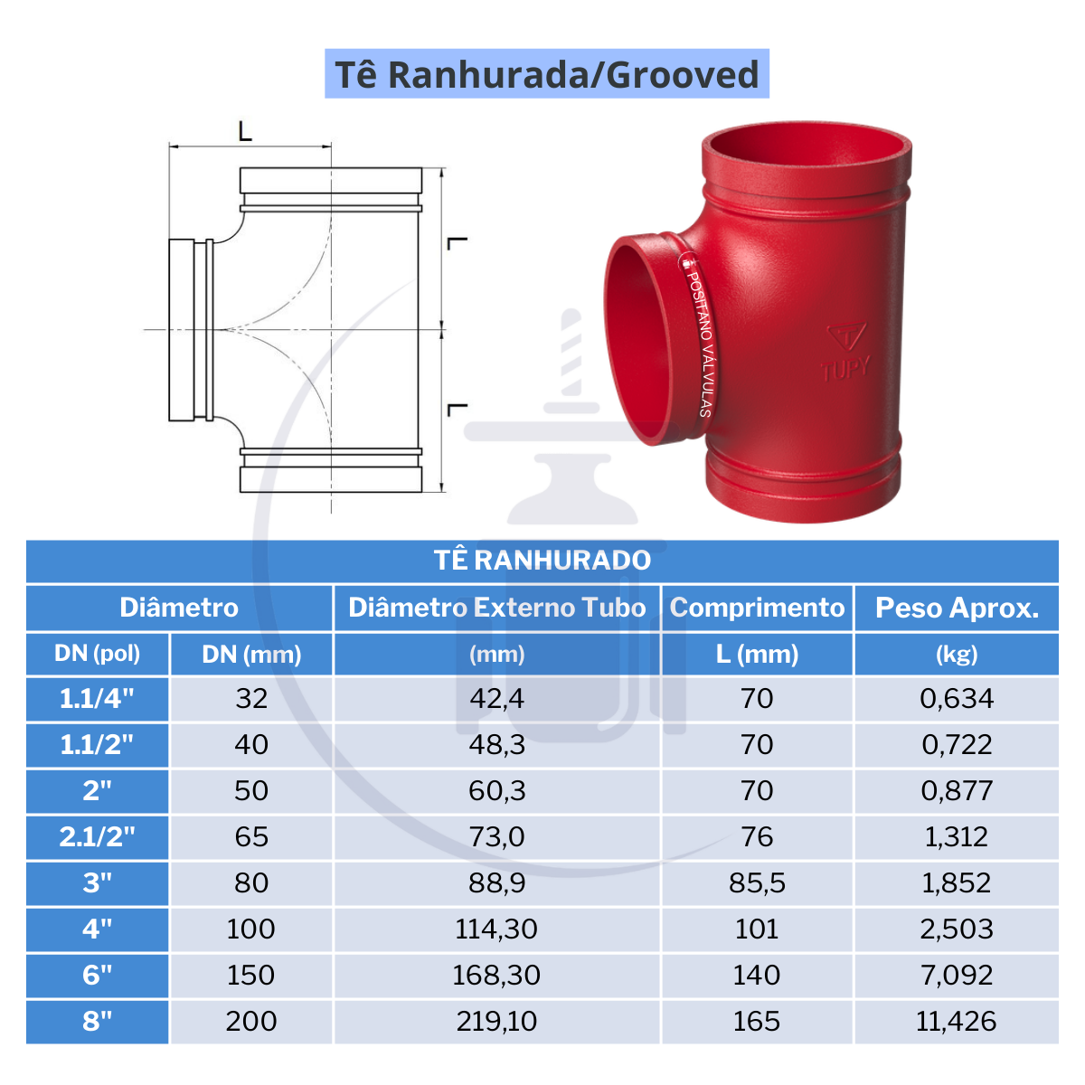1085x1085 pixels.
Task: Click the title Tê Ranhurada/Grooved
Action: tap(546, 74)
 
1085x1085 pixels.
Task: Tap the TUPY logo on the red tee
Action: tap(845, 353)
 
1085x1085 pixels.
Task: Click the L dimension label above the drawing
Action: tap(245, 132)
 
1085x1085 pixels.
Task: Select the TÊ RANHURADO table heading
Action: tap(542, 561)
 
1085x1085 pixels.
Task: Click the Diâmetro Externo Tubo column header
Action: tap(497, 608)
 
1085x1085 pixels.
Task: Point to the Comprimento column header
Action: tap(757, 608)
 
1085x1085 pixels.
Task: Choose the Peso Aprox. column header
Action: tap(957, 608)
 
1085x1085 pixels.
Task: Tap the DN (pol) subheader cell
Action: tap(98, 654)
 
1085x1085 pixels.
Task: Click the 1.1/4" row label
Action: tap(98, 699)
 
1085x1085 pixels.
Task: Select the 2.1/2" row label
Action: tap(98, 837)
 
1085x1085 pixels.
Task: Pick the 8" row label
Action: tap(98, 1022)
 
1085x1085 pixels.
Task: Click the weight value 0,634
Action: tap(957, 699)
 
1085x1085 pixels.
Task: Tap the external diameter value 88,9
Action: tap(497, 883)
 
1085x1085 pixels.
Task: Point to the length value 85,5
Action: tap(757, 883)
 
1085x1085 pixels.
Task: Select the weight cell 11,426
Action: tap(957, 1022)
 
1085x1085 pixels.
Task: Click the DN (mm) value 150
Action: tap(251, 976)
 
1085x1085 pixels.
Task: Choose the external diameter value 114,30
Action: tap(497, 929)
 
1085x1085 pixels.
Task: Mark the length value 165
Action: tap(757, 1022)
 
